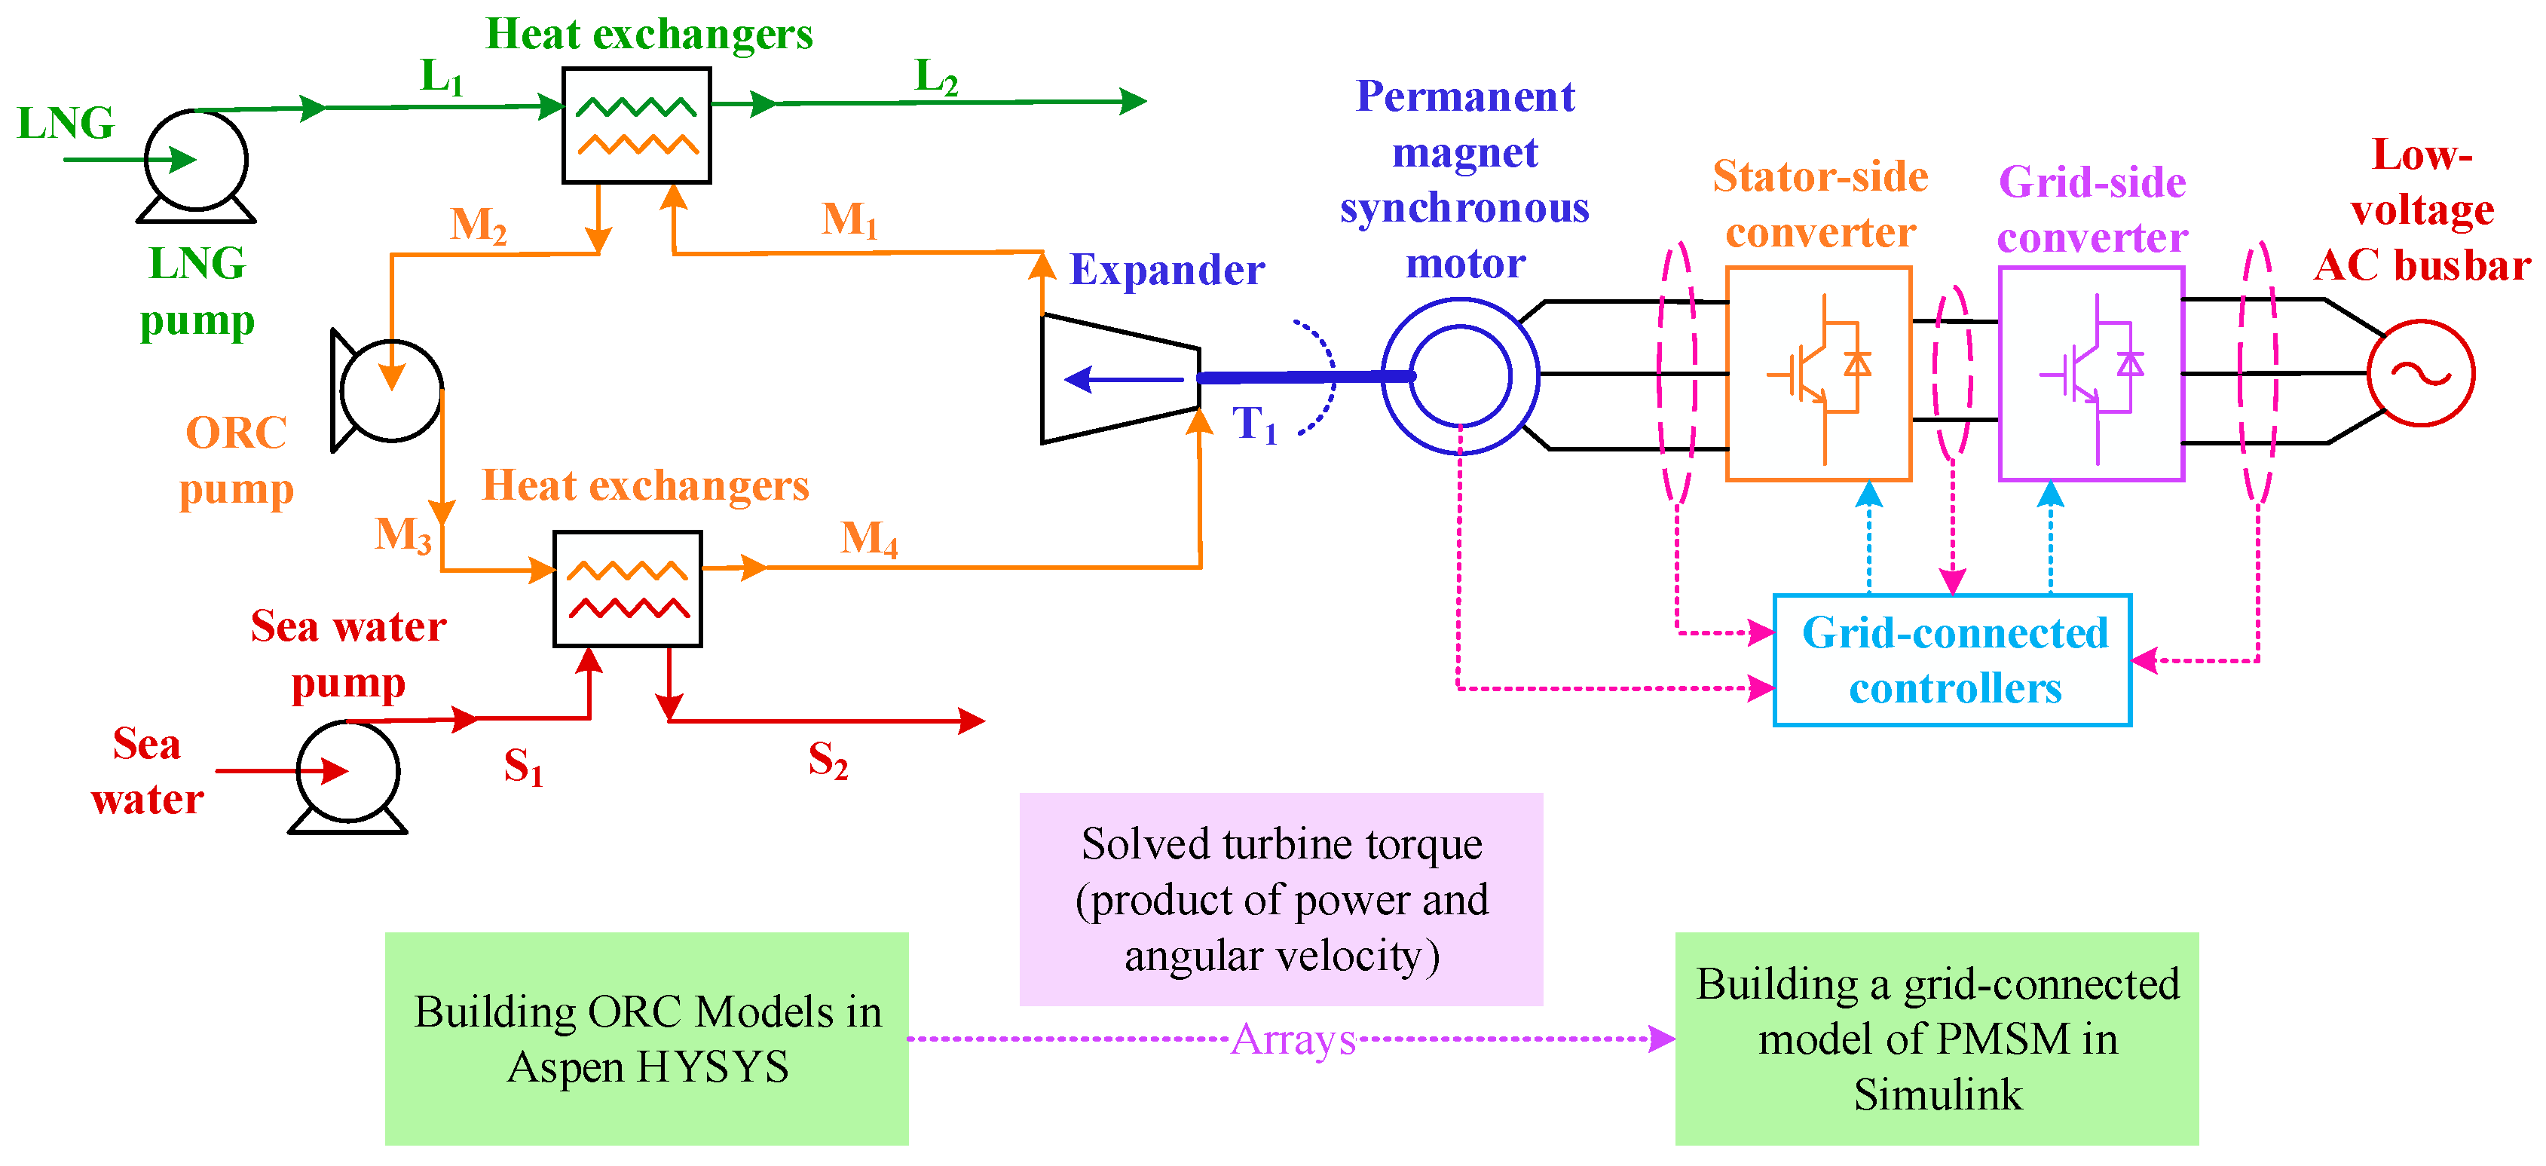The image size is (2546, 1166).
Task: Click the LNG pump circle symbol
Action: (196, 160)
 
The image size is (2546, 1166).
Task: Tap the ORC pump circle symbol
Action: (391, 391)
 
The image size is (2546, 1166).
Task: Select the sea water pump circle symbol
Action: (348, 772)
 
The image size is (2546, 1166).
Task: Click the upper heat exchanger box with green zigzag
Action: (636, 125)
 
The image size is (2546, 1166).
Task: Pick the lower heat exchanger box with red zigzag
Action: (628, 589)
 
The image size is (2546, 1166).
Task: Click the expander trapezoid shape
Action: (1120, 378)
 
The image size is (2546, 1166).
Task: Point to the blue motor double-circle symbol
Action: (1460, 376)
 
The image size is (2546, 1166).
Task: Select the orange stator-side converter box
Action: (1819, 374)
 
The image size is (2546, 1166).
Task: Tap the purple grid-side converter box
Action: (2090, 374)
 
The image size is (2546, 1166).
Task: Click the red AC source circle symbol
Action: (2420, 374)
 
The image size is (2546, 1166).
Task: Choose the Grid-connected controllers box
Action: (1952, 660)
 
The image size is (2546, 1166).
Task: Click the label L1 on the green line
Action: (441, 77)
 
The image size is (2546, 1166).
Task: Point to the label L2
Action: (936, 77)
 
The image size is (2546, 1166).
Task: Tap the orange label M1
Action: (849, 219)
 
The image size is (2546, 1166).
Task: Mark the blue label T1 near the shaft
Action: (1253, 425)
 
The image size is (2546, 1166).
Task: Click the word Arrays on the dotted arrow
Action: (1293, 1039)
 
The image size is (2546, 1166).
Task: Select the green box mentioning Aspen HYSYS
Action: (647, 1039)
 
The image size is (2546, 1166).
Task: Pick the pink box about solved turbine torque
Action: (1281, 899)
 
